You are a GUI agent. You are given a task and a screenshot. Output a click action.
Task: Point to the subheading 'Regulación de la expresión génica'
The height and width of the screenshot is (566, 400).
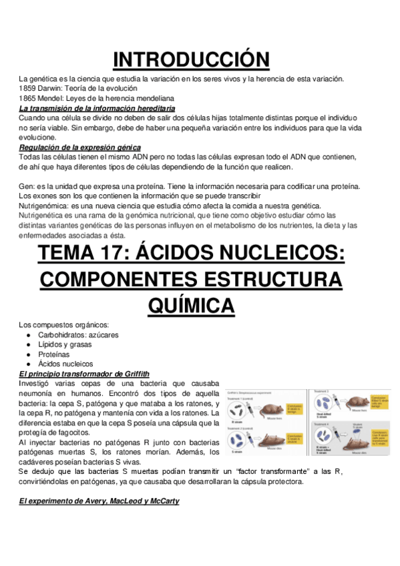79,147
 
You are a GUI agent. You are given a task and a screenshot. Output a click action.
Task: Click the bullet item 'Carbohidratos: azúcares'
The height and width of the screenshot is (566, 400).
78,334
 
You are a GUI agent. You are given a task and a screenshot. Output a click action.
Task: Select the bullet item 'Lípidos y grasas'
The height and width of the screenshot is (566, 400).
65,344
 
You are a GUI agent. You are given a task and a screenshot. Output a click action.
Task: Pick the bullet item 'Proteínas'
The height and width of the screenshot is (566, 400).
54,354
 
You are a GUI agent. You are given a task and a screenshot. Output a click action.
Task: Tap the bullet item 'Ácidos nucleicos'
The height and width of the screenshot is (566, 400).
65,364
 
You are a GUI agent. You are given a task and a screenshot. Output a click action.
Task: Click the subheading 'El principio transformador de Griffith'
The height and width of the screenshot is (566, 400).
84,374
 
